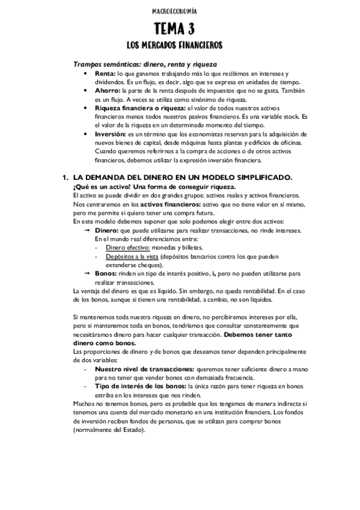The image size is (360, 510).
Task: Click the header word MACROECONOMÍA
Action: tap(180, 11)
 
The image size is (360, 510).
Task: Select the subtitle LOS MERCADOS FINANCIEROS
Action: tap(180, 46)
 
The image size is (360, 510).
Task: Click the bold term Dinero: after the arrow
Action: tap(107, 230)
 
